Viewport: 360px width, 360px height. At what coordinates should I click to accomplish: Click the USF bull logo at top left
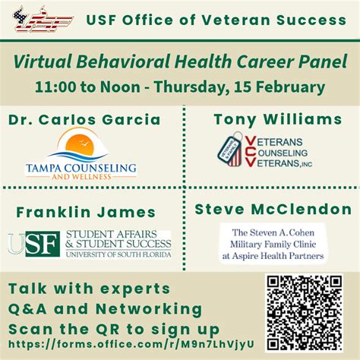[x=43, y=18]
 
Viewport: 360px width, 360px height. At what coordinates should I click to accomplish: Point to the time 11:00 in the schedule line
[x=55, y=86]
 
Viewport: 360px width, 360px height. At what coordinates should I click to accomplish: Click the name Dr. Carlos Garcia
[x=85, y=119]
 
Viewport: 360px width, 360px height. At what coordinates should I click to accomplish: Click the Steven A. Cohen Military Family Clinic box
[x=271, y=244]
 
